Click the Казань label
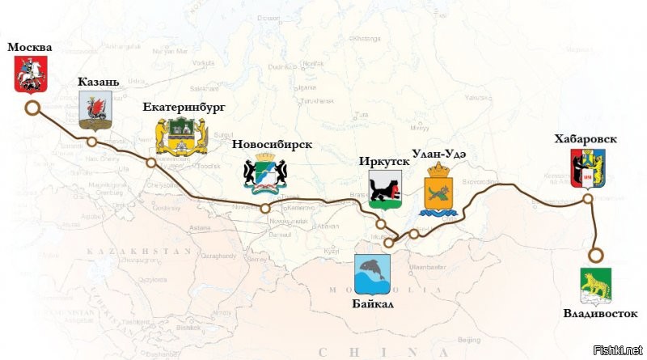pyautogui.click(x=99, y=82)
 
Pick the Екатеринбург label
pyautogui.click(x=184, y=106)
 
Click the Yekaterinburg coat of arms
pyautogui.click(x=175, y=137)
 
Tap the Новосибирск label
pyautogui.click(x=272, y=144)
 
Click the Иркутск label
pyautogui.click(x=384, y=161)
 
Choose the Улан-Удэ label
pyautogui.click(x=440, y=152)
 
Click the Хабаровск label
pyautogui.click(x=586, y=139)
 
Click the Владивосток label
pyautogui.click(x=600, y=312)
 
